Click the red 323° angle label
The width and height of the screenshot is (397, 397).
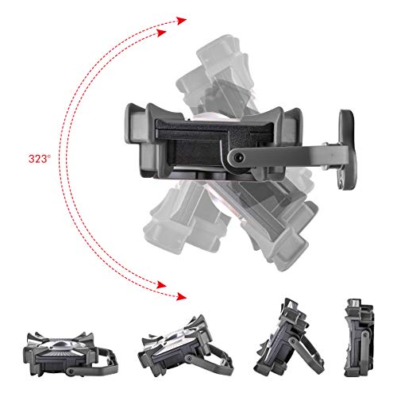click(x=40, y=159)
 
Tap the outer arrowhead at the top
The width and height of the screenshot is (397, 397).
click(x=182, y=21)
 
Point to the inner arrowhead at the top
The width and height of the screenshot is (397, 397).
click(x=161, y=33)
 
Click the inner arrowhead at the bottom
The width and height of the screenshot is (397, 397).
click(x=161, y=285)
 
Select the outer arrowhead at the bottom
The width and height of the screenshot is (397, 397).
click(x=182, y=297)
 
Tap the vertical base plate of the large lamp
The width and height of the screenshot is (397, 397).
click(x=348, y=150)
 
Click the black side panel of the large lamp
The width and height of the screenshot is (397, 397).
click(x=201, y=142)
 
